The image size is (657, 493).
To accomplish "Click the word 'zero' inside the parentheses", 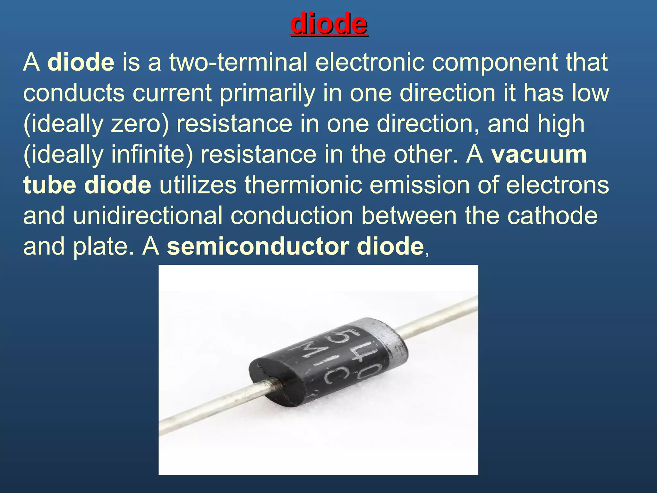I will click(135, 124).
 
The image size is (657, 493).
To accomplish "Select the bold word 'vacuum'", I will click(539, 155).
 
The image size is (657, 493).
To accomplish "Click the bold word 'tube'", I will click(50, 185).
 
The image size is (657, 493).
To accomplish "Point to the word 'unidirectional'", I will click(148, 216).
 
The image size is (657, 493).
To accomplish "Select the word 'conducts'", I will click(74, 93).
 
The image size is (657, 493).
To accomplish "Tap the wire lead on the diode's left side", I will click(212, 404).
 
